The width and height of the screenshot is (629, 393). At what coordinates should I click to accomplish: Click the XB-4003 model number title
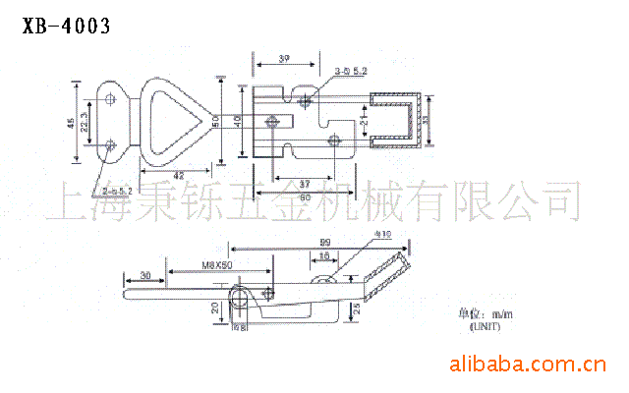65,24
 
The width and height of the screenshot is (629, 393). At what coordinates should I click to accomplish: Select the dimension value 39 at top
285,60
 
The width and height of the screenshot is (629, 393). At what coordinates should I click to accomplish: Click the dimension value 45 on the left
71,124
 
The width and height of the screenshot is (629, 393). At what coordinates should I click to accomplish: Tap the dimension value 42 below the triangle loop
178,176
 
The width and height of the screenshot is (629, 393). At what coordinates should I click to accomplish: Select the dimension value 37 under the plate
305,184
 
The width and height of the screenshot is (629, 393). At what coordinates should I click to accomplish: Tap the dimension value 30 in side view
145,275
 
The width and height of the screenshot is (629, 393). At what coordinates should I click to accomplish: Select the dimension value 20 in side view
215,309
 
